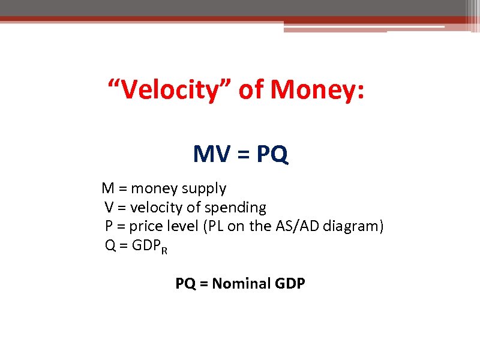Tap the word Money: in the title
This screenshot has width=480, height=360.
317,91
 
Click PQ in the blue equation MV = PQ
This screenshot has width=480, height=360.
272,155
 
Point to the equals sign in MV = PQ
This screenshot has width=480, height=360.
241,155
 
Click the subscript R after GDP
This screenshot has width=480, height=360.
164,249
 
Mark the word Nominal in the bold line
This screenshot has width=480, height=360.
241,283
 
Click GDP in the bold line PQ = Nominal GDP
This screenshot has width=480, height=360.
290,283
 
